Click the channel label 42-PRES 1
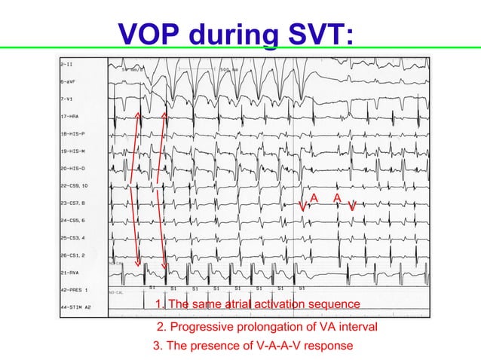pyautogui.click(x=75, y=290)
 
